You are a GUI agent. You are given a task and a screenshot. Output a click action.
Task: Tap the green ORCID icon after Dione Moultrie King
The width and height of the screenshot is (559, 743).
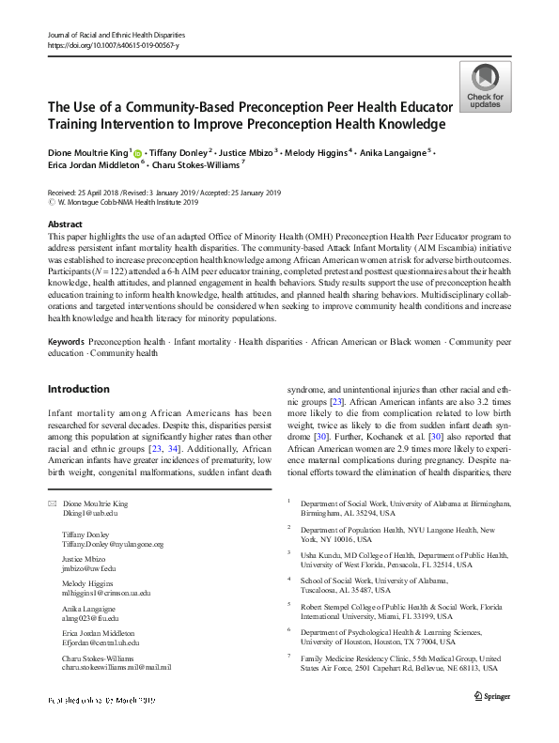pos(137,151)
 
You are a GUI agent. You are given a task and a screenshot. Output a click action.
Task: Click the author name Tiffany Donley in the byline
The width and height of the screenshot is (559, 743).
pos(179,151)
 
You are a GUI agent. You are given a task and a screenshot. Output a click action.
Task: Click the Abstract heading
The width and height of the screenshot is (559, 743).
pos(65,225)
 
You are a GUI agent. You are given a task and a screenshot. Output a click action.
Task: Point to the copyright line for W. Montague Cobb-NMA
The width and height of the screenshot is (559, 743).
pos(125,201)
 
